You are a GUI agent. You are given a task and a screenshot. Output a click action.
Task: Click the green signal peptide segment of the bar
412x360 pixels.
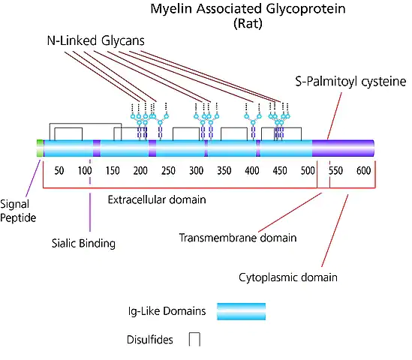coord(40,148)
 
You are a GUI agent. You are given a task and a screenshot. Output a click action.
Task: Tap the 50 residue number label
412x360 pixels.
coord(59,171)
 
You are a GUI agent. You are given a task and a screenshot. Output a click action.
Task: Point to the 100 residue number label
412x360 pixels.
coord(85,171)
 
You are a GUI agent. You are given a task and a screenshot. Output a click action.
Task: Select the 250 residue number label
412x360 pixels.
coord(168,171)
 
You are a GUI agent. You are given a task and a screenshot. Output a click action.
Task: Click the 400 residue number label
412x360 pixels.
coord(252,171)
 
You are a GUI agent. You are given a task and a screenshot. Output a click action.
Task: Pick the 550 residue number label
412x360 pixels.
coord(335,171)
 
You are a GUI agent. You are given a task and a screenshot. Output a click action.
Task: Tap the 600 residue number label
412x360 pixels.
coord(364,171)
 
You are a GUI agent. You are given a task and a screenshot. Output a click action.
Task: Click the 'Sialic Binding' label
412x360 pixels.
coord(83,244)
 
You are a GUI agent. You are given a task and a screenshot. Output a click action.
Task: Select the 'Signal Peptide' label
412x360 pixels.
coord(18,211)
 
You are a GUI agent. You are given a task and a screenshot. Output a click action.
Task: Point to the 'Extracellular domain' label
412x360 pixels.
coord(157,199)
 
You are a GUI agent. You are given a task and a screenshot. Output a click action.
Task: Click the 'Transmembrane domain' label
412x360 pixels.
coord(238,238)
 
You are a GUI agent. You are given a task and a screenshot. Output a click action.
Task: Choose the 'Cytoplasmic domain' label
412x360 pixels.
coord(288,277)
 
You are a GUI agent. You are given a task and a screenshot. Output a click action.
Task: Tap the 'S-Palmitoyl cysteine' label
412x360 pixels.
coord(350,82)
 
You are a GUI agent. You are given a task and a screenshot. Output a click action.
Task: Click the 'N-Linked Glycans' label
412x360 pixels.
coord(96,41)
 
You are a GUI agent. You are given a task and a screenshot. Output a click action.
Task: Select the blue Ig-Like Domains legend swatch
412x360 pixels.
coord(241,312)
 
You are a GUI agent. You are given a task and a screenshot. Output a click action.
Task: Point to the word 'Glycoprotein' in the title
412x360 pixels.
coord(305,9)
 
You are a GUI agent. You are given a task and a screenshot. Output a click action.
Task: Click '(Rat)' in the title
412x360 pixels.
coord(248,24)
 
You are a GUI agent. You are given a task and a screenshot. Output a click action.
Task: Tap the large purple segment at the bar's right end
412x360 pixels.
coord(343,148)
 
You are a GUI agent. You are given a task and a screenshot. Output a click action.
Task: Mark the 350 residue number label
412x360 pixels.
coord(224,171)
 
